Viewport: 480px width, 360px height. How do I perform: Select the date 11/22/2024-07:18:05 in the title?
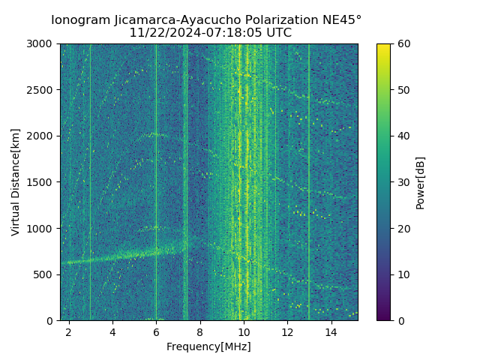[x=195, y=33]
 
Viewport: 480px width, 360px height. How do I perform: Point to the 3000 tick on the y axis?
[x=42, y=44]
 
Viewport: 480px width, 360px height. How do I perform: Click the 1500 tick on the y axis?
[x=42, y=182]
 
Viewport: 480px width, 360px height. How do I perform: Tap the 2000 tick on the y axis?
[x=42, y=136]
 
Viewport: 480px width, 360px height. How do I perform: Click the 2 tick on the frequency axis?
[x=69, y=331]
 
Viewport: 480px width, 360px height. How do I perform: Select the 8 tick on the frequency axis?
[x=200, y=331]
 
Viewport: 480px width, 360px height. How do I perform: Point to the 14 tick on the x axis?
[x=331, y=331]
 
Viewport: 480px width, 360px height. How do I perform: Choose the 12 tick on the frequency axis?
[x=287, y=331]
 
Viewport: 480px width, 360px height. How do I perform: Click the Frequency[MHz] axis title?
[x=208, y=346]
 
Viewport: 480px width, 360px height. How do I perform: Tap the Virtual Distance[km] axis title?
[x=16, y=182]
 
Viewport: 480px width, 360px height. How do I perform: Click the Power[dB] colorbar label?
[x=421, y=182]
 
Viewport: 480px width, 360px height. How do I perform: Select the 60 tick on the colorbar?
[x=403, y=44]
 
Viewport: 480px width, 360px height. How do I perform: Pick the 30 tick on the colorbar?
[x=403, y=182]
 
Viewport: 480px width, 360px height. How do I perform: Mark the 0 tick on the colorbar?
[x=400, y=320]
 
